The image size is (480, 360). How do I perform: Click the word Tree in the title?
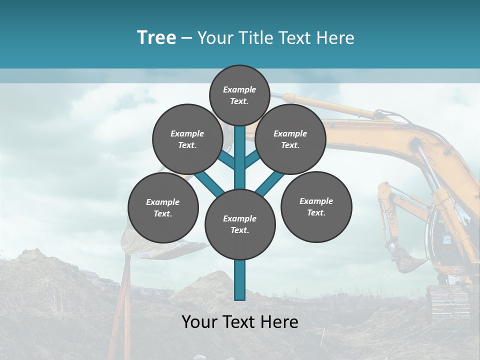pos(156,37)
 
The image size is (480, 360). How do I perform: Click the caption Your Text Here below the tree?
pos(239,322)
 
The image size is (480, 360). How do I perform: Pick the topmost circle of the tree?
pos(239,95)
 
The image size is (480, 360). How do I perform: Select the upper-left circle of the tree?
pos(187,139)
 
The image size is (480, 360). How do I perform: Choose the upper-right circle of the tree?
pos(290,139)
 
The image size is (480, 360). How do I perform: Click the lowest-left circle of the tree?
pos(163,207)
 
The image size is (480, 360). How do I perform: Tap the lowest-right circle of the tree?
pos(316,206)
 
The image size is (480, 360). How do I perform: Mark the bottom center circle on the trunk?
pos(240,224)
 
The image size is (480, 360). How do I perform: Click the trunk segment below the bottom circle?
pos(240,280)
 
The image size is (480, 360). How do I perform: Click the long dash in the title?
pos(186,38)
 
